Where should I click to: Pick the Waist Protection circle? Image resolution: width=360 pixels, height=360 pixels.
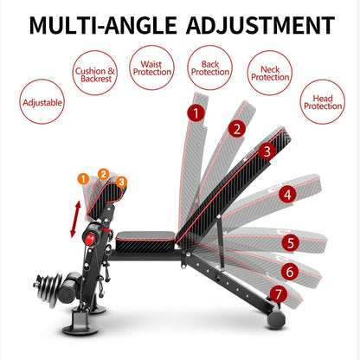click(151, 67)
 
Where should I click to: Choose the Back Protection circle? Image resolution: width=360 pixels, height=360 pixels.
click(209, 67)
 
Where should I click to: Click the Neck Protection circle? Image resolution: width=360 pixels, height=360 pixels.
click(269, 72)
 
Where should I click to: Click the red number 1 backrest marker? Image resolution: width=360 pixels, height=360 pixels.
click(198, 112)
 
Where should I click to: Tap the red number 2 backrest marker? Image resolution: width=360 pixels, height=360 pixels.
click(235, 129)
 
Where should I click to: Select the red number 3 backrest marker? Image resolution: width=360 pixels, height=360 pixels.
click(267, 151)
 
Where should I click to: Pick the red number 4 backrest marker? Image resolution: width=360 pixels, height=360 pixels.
click(287, 196)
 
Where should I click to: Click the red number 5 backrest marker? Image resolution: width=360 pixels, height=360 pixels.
click(292, 243)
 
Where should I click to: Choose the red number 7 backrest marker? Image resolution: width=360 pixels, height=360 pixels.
click(278, 293)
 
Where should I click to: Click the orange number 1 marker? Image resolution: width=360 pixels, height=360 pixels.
click(83, 179)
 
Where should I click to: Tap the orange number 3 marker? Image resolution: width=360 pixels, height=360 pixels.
click(120, 182)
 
